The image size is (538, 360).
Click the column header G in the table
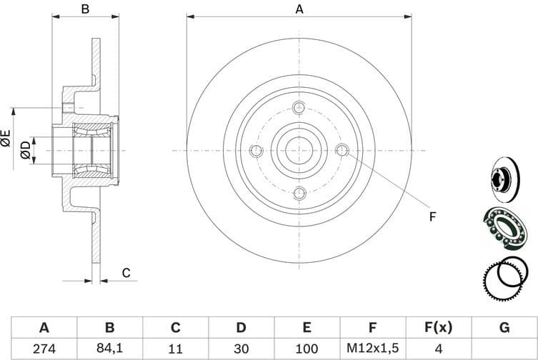tap(504, 328)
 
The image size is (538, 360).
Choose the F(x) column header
tap(438, 328)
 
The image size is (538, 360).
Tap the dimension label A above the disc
tap(299, 9)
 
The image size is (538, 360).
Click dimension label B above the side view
tap(84, 9)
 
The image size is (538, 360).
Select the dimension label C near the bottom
tap(126, 272)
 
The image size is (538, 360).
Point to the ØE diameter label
tap(6, 138)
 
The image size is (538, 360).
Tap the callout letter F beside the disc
tap(432, 216)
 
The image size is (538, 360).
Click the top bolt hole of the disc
tap(299, 108)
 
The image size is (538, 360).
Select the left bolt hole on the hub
tap(256, 150)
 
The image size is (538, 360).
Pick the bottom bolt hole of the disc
tap(299, 192)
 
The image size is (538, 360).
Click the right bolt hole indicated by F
tap(342, 150)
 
